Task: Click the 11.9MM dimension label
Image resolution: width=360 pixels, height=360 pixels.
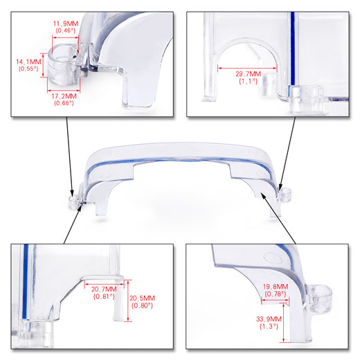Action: (66, 24)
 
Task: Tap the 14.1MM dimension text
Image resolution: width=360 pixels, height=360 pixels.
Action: (28, 62)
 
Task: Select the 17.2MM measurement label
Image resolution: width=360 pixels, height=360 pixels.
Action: (64, 96)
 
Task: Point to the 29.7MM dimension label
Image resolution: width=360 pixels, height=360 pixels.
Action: (248, 74)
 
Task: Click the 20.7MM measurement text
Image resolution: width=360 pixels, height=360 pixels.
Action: (104, 289)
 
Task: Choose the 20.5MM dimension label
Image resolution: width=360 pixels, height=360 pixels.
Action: (142, 298)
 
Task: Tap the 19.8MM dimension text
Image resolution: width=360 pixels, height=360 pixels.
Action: (276, 287)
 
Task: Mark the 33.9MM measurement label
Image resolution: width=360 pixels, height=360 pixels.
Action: (269, 319)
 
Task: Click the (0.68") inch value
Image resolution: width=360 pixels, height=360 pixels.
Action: (64, 103)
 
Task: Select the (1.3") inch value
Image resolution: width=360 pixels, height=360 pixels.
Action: (269, 326)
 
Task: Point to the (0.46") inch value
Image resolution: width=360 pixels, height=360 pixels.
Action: (66, 30)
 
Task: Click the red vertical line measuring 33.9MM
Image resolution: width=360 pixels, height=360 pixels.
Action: (284, 323)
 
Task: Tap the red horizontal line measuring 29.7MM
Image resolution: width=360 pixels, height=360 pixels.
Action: (247, 68)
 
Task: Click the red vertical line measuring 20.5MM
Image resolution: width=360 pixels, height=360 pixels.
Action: (128, 300)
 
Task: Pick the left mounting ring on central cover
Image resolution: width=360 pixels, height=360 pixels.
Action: (74, 203)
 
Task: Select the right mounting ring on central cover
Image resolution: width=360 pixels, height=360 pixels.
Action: (286, 195)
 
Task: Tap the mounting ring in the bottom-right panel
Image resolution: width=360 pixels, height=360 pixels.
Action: (321, 298)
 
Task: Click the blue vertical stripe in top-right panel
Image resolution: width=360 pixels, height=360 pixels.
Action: (293, 49)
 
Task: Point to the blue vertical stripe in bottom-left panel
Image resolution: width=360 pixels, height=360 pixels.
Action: (25, 282)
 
